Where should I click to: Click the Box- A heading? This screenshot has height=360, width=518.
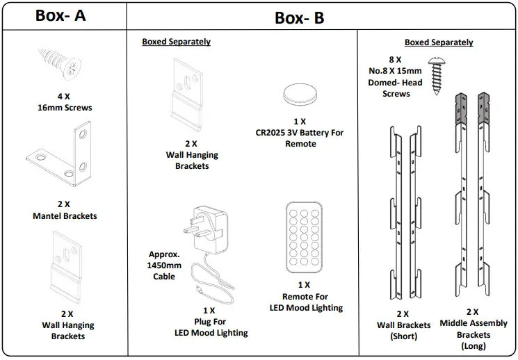coord(60,15)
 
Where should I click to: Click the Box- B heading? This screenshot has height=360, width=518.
coord(299,18)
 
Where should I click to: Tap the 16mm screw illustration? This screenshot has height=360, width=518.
coord(60,65)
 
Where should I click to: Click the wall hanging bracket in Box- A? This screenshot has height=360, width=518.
coord(67,267)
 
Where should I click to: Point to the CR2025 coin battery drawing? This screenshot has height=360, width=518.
coord(300,93)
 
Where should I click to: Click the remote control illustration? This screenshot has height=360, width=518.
coord(304,238)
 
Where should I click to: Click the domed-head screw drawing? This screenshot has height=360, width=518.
coord(437,76)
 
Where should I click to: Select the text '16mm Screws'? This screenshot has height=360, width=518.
coord(65,108)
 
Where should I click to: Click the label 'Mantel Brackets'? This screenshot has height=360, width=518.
coord(65,216)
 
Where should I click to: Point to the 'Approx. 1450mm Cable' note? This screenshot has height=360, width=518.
coord(164,265)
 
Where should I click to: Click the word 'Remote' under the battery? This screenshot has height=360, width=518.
coord(300,144)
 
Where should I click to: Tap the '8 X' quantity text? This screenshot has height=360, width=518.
coord(395,60)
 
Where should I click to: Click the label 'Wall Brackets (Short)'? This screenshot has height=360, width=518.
coord(404,331)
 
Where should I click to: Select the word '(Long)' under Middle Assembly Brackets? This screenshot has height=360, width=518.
coord(474,346)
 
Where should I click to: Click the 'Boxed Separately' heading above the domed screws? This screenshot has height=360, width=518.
coord(439,42)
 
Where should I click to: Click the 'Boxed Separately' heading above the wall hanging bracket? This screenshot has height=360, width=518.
coord(176,42)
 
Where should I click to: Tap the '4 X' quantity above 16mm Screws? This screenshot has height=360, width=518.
coord(64,97)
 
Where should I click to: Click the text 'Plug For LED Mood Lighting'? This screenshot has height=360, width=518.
coord(211,327)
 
